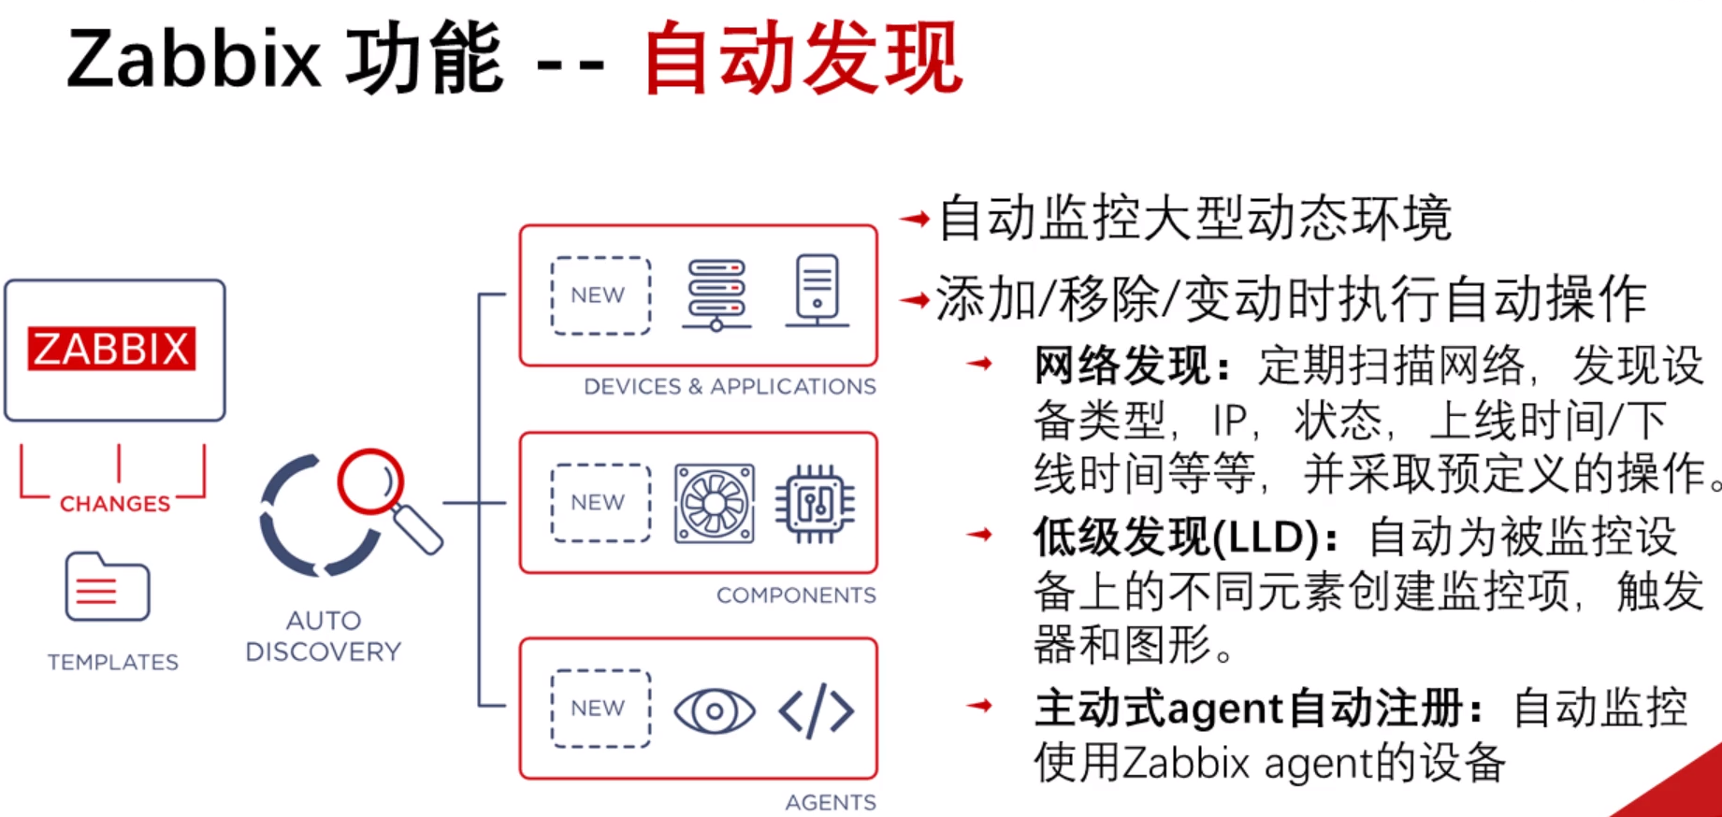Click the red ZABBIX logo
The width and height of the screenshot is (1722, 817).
pyautogui.click(x=112, y=350)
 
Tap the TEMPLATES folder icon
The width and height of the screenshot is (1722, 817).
pyautogui.click(x=107, y=587)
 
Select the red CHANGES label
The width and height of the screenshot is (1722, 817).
pyautogui.click(x=115, y=504)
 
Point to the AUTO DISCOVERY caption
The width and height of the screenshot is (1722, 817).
pyautogui.click(x=323, y=636)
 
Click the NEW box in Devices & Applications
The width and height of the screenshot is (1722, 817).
pyautogui.click(x=600, y=295)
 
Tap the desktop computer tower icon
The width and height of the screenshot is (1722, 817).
pyautogui.click(x=817, y=291)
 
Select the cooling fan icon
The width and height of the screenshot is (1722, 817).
pyautogui.click(x=715, y=503)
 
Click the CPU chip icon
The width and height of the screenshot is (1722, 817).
pyautogui.click(x=815, y=504)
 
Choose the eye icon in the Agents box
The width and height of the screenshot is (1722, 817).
pyautogui.click(x=715, y=710)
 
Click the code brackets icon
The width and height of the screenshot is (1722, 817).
pyautogui.click(x=816, y=710)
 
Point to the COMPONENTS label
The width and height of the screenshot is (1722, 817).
pyautogui.click(x=796, y=595)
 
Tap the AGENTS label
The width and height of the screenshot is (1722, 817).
pyautogui.click(x=831, y=802)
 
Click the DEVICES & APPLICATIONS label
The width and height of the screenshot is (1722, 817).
pyautogui.click(x=730, y=387)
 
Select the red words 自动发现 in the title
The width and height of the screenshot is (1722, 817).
pyautogui.click(x=803, y=60)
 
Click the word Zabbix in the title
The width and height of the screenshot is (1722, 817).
pyautogui.click(x=194, y=60)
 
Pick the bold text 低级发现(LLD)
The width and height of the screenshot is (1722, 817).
pyautogui.click(x=1176, y=537)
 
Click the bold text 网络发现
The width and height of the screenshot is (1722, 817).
pyautogui.click(x=1122, y=365)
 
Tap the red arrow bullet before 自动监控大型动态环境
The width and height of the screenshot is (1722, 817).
pyautogui.click(x=915, y=220)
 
